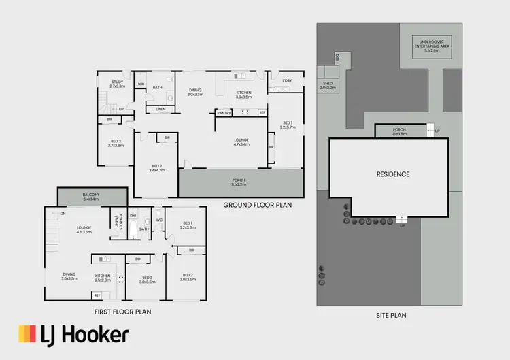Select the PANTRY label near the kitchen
coord(225,112)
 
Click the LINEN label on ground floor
coord(160,109)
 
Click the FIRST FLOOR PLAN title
coord(122,312)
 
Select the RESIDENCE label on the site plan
coord(393,174)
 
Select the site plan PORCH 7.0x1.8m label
coord(400,131)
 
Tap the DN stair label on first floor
coord(63,213)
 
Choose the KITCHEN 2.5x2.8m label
coord(102,278)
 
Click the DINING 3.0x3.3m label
coord(195,92)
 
